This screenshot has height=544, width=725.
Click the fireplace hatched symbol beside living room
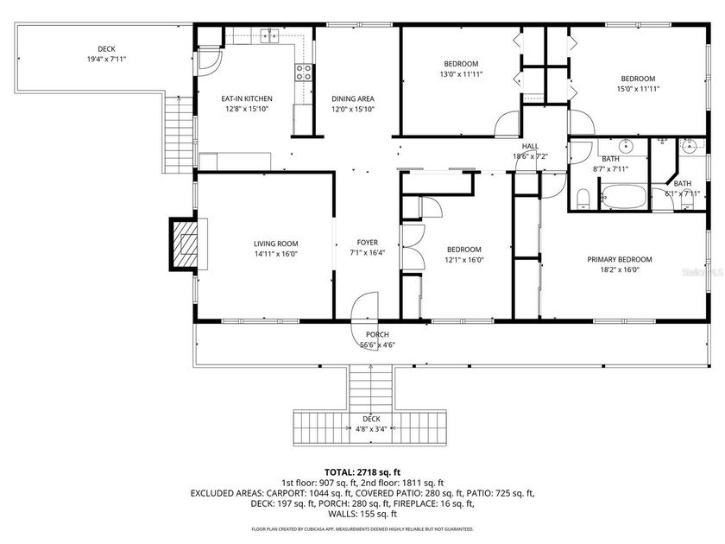coord(186,244)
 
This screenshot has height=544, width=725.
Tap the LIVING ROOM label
coord(274,244)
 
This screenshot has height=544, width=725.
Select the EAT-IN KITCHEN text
coord(247,99)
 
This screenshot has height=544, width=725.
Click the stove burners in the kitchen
coord(304,73)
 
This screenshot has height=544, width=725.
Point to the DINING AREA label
coord(353,99)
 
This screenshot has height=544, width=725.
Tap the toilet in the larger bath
coord(583,199)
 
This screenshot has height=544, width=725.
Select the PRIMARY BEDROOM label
coord(619,259)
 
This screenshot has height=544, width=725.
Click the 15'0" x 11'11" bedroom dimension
coord(638,89)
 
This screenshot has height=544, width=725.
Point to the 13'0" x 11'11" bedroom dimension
coord(462,75)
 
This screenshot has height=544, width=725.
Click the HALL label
coord(531,146)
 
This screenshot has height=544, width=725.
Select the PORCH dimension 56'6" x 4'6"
coord(377,345)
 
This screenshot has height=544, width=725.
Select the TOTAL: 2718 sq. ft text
coord(362,472)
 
